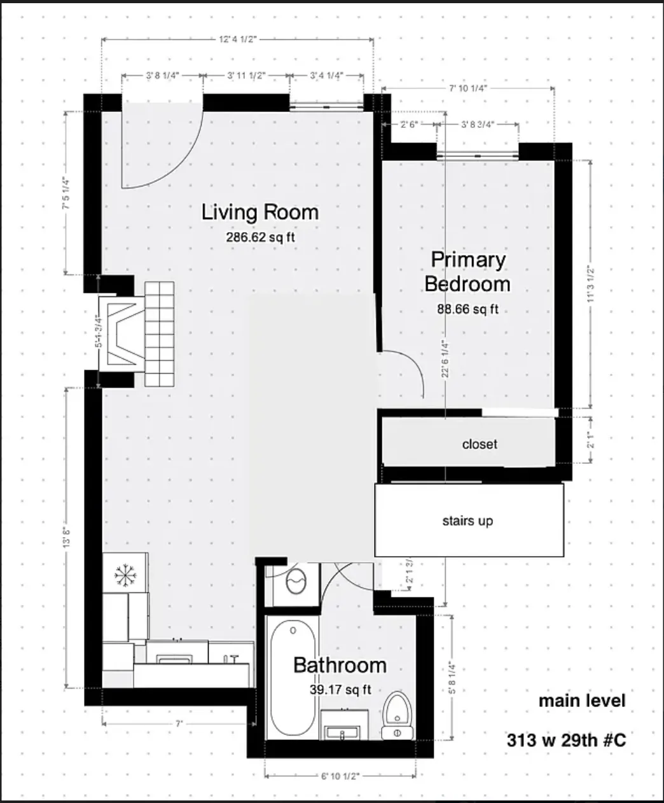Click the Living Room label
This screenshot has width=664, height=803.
click(259, 213)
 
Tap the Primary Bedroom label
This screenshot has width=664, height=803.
click(467, 271)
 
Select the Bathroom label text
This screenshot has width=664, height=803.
click(340, 666)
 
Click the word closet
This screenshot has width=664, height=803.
click(480, 444)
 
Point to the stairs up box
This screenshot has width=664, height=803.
click(468, 520)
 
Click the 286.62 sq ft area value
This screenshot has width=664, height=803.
click(259, 237)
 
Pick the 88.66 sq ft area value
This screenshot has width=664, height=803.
click(467, 309)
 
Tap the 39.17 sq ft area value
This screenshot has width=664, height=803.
click(340, 689)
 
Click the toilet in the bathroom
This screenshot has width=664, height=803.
click(398, 716)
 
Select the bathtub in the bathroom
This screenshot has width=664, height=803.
click(293, 678)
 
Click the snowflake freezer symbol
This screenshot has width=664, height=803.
click(125, 575)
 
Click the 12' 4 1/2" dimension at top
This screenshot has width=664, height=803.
click(237, 39)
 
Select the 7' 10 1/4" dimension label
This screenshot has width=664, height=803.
click(467, 88)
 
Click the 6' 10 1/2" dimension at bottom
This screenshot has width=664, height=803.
click(340, 776)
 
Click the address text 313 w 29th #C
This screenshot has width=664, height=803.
click(566, 741)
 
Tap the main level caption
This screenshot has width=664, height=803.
click(582, 701)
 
